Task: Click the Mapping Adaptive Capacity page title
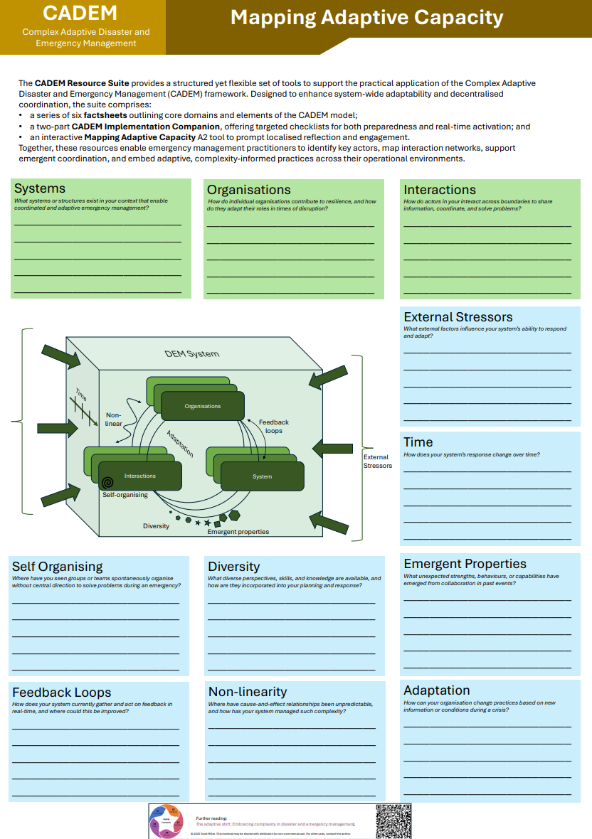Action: tap(366, 18)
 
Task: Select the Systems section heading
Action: tap(40, 188)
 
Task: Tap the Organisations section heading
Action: tap(248, 190)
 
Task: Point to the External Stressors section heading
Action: tap(458, 317)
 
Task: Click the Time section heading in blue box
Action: tap(418, 442)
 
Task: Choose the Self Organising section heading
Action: tap(57, 567)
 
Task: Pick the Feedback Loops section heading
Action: tap(61, 693)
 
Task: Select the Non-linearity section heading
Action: tap(247, 692)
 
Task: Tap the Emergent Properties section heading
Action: tap(465, 564)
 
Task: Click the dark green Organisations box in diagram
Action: tap(203, 406)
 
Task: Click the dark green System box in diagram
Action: tap(262, 476)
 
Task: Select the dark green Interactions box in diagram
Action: tap(140, 476)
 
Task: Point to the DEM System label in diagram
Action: tap(192, 354)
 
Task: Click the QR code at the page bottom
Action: tap(393, 821)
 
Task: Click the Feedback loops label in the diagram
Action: tap(274, 427)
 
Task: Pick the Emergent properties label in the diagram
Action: tap(238, 532)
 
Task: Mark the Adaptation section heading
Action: tap(436, 690)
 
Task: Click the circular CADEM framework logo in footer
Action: tap(167, 821)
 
